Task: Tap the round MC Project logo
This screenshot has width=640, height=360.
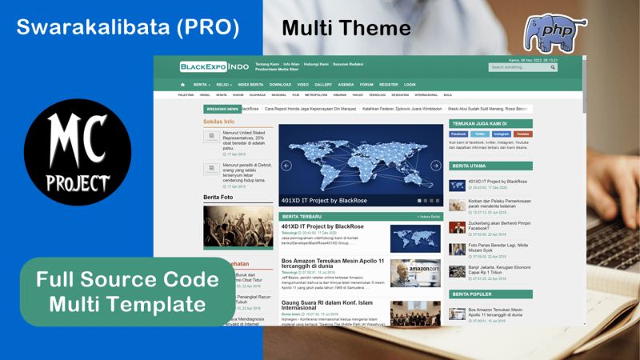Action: point(78,152)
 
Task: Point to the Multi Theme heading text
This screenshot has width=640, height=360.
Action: point(346,29)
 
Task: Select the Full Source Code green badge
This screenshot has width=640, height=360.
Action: point(127,291)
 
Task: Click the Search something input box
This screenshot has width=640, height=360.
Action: point(519,67)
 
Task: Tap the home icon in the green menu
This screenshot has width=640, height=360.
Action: point(183,84)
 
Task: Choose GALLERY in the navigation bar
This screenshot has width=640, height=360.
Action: point(323,84)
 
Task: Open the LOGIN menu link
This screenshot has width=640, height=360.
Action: point(410,84)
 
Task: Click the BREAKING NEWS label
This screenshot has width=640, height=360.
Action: point(222,109)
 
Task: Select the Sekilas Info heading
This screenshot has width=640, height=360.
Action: point(219,122)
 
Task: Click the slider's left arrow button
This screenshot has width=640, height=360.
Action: point(286,166)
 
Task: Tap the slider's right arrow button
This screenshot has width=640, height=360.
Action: point(436,166)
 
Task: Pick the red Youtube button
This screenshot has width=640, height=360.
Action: point(522,134)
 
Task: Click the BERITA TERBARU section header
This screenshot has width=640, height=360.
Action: point(302,216)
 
